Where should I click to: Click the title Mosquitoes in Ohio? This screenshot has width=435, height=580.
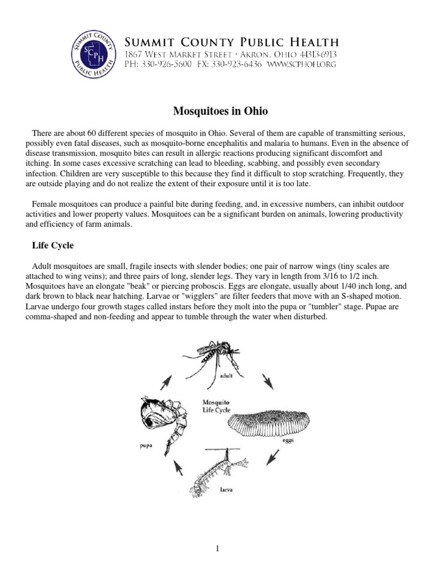tap(217, 110)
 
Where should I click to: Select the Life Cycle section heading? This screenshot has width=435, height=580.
tap(53, 247)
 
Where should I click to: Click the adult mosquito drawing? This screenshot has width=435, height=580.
tap(216, 360)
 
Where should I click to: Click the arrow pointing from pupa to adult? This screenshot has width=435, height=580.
tap(165, 383)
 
